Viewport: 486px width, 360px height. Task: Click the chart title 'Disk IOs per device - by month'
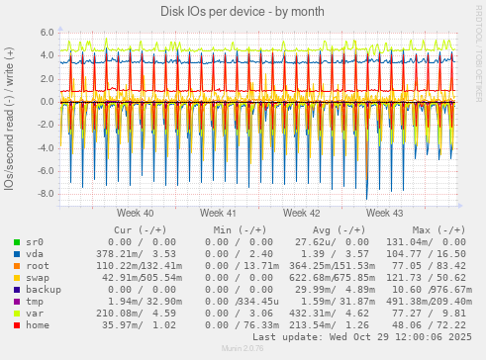(243, 11)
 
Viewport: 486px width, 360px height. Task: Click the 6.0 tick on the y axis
(47, 32)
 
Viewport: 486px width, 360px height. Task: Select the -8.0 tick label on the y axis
(45, 194)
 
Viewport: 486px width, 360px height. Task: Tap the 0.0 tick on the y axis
(47, 101)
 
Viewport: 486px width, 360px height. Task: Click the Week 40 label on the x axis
(135, 213)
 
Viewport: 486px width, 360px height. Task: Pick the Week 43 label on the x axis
(384, 213)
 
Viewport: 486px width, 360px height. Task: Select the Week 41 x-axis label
(218, 213)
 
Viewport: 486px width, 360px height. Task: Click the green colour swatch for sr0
(16, 241)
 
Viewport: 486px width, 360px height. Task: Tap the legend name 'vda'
(35, 253)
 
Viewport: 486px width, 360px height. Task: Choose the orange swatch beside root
(16, 265)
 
